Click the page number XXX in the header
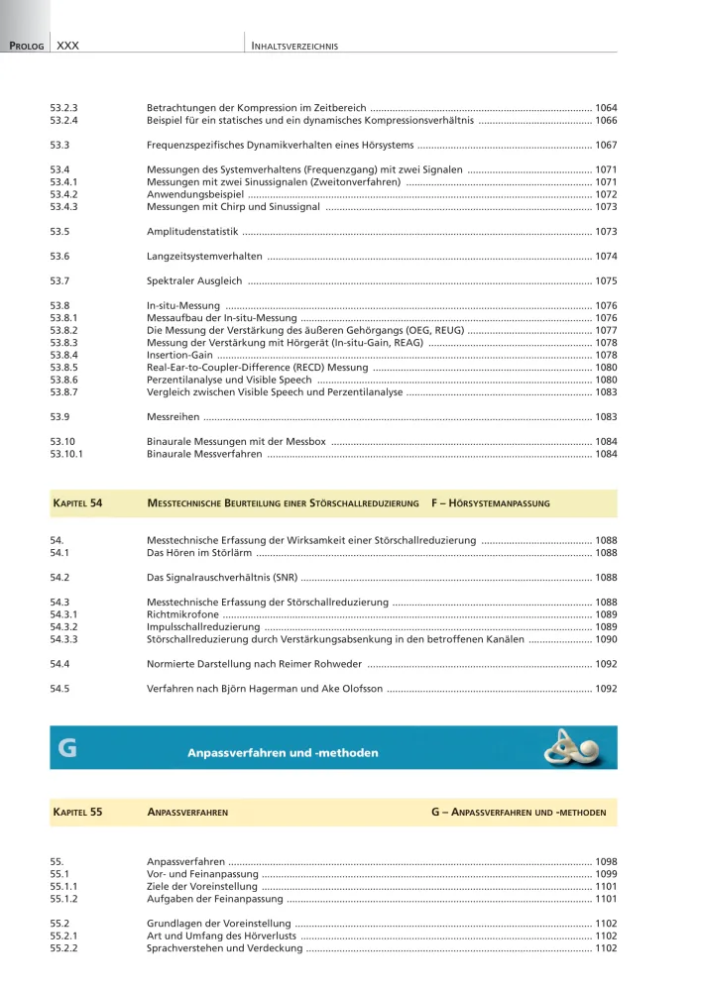click(68, 46)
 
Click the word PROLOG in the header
click(26, 46)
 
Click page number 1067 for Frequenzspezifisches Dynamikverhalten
click(606, 145)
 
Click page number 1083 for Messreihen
click(606, 417)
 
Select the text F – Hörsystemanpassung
click(491, 503)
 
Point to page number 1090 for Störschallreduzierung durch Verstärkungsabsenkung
click(606, 639)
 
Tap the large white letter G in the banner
click(67, 751)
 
